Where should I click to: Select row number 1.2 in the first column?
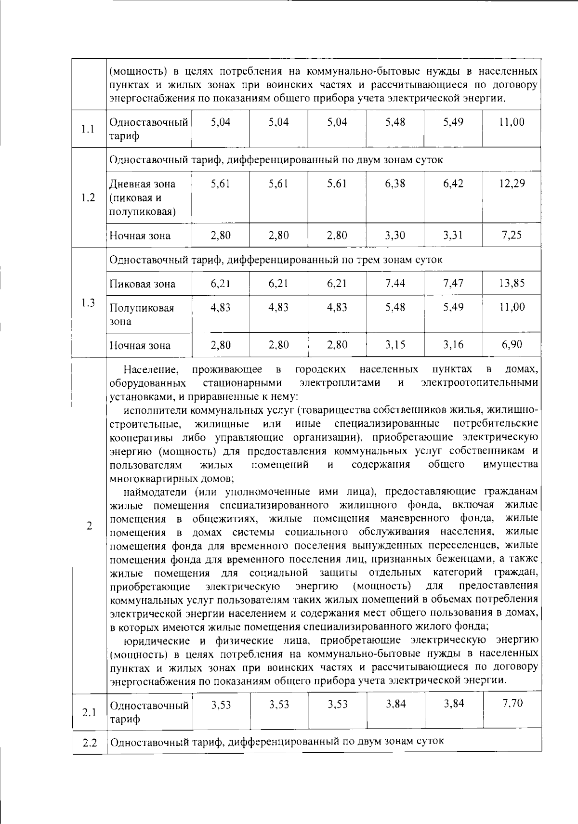(88, 198)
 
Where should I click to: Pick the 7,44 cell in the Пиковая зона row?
(395, 283)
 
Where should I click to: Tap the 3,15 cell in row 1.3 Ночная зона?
(395, 345)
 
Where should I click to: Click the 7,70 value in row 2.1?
(512, 704)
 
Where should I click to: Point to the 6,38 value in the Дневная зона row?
(395, 183)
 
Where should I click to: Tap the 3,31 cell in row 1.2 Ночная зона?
(453, 235)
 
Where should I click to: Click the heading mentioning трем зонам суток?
(276, 260)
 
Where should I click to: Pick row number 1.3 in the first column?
(88, 302)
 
